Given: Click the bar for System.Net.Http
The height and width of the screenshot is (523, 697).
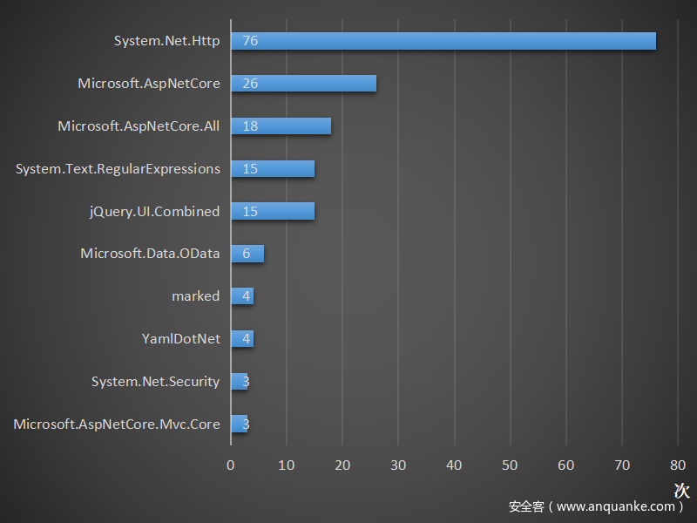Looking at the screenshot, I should (x=443, y=41).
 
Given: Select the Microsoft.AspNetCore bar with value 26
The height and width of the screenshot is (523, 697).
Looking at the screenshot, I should (x=303, y=84).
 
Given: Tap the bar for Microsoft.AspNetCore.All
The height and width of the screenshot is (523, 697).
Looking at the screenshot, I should (x=281, y=126).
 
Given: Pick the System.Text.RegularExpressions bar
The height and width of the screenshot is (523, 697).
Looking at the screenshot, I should (x=273, y=169).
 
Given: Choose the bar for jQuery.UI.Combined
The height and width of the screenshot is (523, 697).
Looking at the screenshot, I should (x=273, y=212).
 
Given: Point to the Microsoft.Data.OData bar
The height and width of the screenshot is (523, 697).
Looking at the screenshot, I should (x=247, y=254).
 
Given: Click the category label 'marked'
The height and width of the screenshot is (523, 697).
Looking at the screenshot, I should (x=195, y=296).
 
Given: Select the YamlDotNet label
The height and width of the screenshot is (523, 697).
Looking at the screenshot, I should (x=181, y=339).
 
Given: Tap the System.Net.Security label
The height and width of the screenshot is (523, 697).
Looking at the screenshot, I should (x=155, y=382).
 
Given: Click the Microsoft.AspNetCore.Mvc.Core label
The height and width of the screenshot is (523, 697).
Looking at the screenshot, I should (x=117, y=425).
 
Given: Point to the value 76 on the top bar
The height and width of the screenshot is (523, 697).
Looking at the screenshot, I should (x=250, y=41).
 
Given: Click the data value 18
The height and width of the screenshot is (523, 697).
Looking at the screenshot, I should (x=250, y=126).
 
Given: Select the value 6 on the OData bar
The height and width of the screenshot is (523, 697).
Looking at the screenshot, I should (x=247, y=254).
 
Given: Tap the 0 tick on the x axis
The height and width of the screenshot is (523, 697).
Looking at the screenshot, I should (x=231, y=465).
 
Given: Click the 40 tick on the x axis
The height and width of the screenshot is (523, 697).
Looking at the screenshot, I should (x=454, y=465).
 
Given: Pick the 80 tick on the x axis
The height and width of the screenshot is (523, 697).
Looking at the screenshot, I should (x=678, y=465).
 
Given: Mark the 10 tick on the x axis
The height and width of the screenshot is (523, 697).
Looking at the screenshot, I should (x=287, y=465).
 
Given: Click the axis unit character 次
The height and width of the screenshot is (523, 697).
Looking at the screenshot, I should (x=681, y=491).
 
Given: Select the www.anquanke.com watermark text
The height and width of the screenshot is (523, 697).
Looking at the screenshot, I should (x=615, y=506).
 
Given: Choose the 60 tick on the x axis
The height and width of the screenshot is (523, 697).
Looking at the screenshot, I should (x=566, y=465).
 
